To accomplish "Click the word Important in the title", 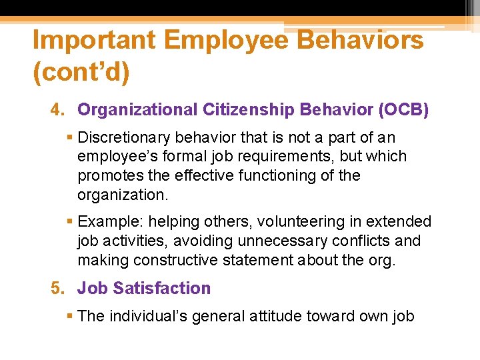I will point(93,41).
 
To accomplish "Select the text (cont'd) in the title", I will point(81,73).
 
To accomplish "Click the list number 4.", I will point(57,110).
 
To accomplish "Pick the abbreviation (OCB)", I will point(403,110).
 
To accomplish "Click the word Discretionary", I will point(123,138).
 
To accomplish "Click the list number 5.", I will point(57,289).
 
